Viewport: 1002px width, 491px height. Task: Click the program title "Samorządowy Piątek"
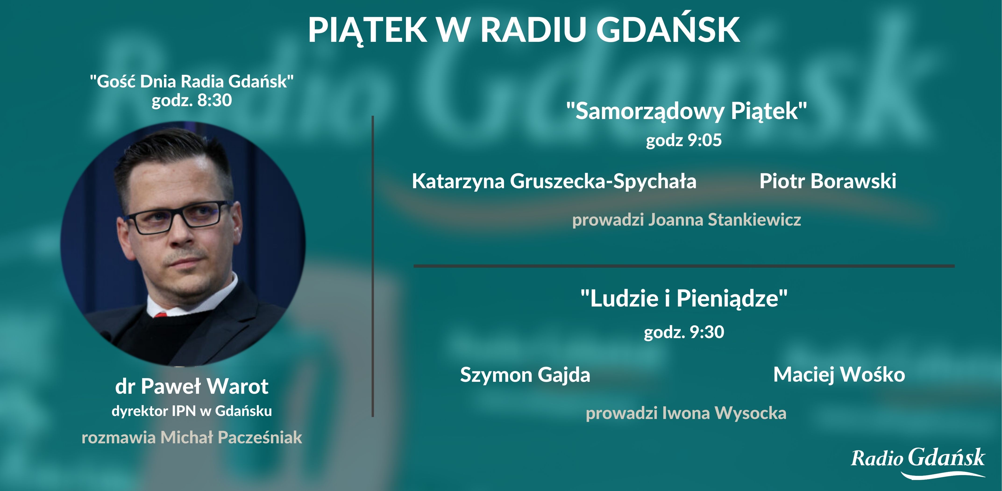click(x=686, y=111)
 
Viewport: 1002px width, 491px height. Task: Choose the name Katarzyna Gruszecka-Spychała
click(x=554, y=181)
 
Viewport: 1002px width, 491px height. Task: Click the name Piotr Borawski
click(x=828, y=181)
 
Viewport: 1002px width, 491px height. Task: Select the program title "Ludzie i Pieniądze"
click(x=684, y=299)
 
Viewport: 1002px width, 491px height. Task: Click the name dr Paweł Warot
click(x=192, y=387)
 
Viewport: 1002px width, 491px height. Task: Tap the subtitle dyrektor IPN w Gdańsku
click(x=192, y=411)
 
